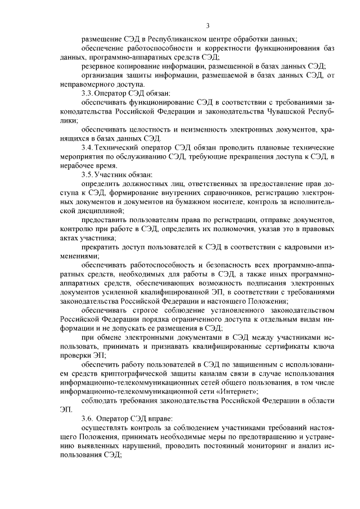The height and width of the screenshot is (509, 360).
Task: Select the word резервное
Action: (99, 66)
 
